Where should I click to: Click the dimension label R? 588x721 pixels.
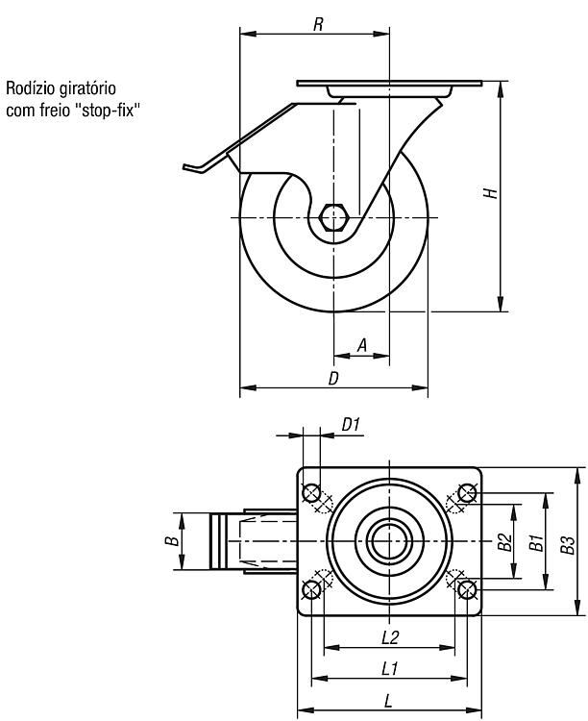318,24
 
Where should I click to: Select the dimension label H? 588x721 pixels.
491,192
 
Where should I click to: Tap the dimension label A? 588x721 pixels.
362,345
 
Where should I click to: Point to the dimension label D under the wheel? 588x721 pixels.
333,378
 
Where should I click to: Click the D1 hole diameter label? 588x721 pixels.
351,425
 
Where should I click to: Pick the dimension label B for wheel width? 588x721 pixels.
172,540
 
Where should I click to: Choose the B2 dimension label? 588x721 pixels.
505,542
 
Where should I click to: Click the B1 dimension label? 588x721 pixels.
536,542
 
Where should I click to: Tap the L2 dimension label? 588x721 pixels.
390,637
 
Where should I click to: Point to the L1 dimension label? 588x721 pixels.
390,668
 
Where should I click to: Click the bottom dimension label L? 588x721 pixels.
388,701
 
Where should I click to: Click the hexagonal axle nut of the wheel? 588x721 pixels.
334,216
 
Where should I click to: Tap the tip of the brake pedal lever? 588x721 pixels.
184,166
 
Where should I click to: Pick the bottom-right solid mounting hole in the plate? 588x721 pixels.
467,589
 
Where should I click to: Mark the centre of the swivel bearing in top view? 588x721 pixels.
389,541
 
